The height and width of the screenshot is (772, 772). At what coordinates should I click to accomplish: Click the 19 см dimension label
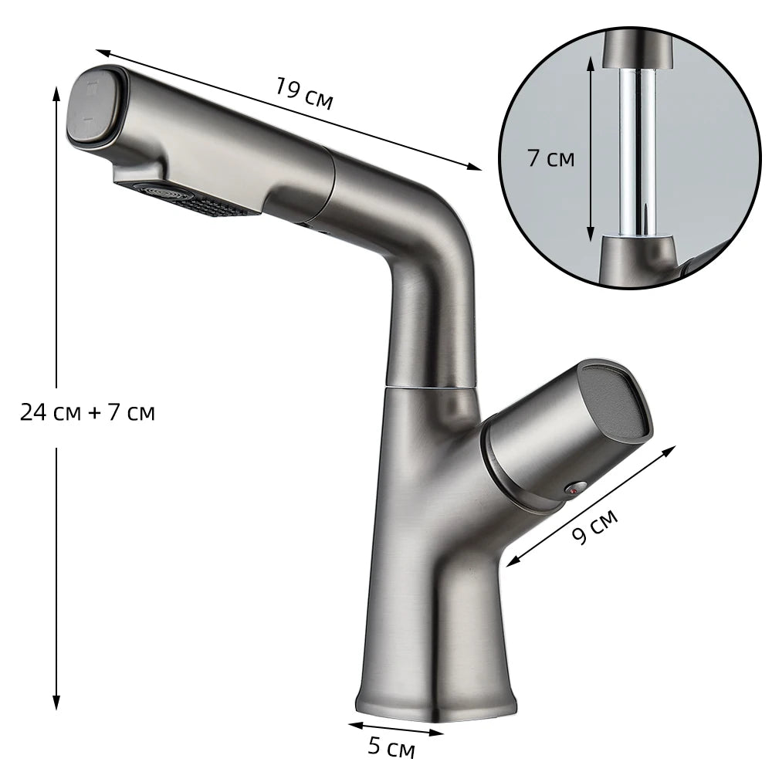(303, 94)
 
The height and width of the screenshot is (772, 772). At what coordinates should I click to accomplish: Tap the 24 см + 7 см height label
(87, 413)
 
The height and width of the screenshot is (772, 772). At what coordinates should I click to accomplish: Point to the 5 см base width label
(391, 748)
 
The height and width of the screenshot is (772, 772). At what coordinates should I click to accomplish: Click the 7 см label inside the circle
(550, 158)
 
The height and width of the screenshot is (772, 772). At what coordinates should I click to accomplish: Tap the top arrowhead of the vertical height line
(56, 91)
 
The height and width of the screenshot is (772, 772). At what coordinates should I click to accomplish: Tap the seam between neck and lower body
(431, 387)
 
